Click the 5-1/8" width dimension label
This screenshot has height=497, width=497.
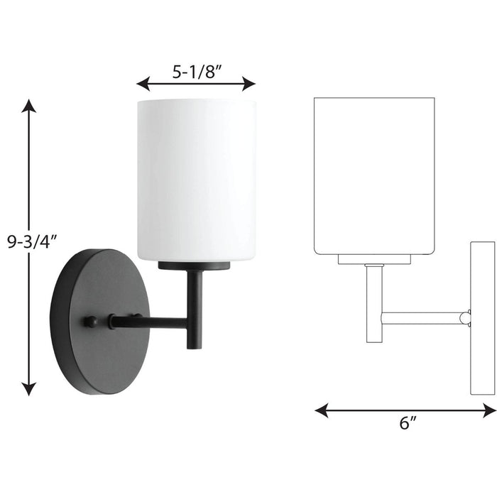tap(196, 72)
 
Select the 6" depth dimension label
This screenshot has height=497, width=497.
tap(406, 425)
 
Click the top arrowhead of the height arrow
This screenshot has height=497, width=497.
tap(28, 106)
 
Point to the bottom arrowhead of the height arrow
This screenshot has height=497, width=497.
tap(28, 388)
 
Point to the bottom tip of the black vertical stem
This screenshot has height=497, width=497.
tap(194, 346)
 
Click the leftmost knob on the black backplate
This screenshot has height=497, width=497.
tap(89, 322)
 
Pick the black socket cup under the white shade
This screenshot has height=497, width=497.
tap(196, 266)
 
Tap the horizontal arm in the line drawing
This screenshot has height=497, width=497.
tap(422, 318)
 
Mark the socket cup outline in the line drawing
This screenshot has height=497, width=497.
tap(374, 258)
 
